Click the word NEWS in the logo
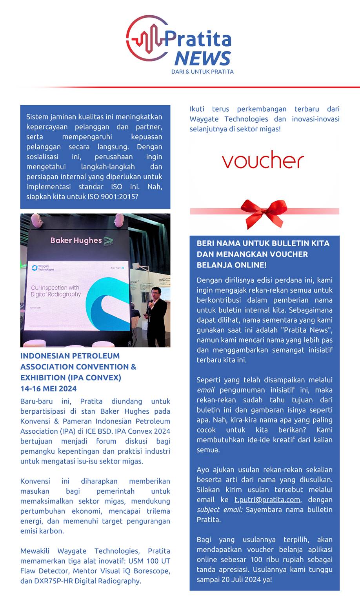tap(202, 58)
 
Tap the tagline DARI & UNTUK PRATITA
tap(202, 72)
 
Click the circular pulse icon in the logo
tap(145, 38)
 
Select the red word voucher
tap(263, 160)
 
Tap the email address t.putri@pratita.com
tap(267, 500)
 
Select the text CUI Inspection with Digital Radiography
tap(56, 291)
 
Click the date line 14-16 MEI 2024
tap(49, 389)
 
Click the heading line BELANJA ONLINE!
tap(231, 265)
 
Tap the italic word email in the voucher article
tap(205, 390)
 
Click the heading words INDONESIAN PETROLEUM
tap(70, 356)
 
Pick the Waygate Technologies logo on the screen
tap(43, 268)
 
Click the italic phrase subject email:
tap(220, 509)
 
